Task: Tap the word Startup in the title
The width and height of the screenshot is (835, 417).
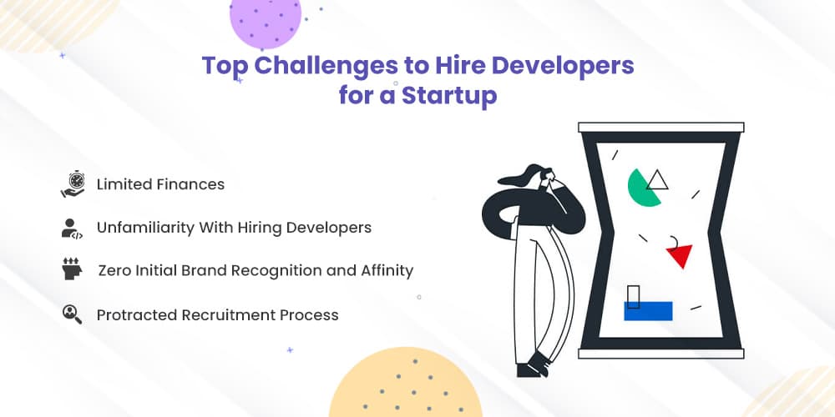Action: (x=449, y=96)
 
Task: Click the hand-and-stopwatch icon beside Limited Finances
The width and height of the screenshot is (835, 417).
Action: (x=73, y=184)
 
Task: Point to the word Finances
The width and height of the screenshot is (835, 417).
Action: (x=190, y=184)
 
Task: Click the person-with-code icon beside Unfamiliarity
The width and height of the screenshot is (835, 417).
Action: (x=72, y=229)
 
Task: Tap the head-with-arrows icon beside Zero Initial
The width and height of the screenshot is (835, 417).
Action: (x=72, y=269)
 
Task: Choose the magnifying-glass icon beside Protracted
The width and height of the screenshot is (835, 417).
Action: (x=72, y=314)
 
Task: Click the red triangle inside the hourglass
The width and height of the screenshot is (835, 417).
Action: (x=680, y=255)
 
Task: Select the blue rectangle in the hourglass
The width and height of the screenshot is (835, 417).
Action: (x=648, y=311)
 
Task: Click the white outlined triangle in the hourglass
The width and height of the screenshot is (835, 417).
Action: (x=657, y=180)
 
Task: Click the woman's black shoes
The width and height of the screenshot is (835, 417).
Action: (x=533, y=366)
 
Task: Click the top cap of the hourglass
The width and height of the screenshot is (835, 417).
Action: (x=660, y=127)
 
